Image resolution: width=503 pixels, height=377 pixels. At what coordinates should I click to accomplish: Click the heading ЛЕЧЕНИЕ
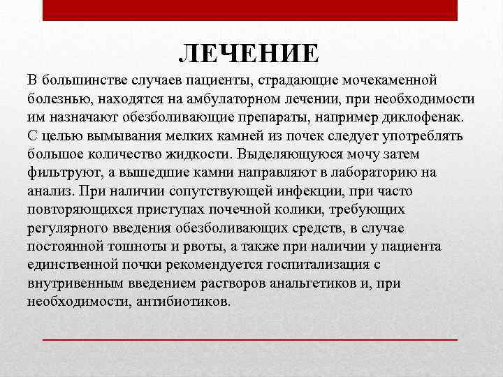coord(249,52)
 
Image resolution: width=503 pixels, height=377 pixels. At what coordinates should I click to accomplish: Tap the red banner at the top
coord(250,10)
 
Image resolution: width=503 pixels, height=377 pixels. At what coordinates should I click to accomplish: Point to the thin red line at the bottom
coord(250,339)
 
